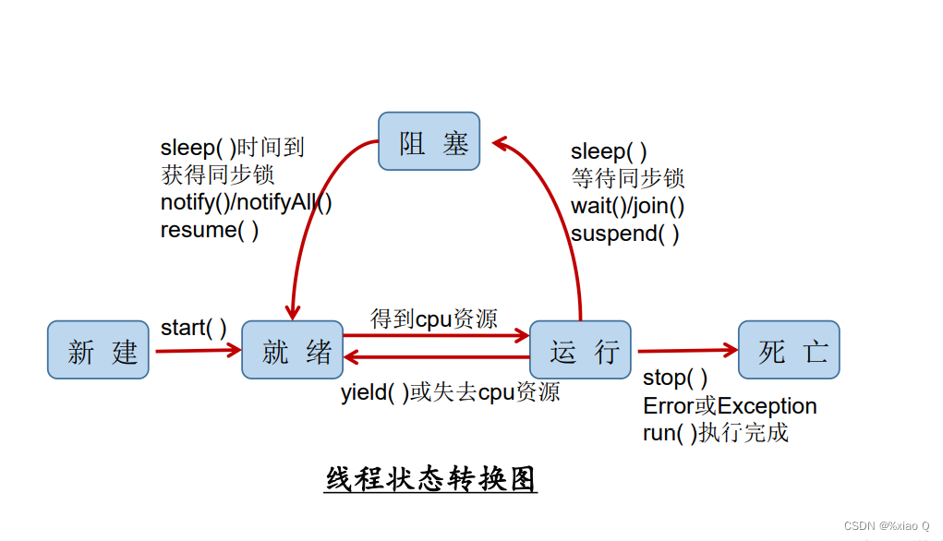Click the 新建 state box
[98, 350]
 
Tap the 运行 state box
[580, 350]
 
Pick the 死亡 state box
[789, 350]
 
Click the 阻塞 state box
[429, 141]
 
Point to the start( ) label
[194, 327]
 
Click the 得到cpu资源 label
[433, 319]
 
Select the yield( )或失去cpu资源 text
[450, 391]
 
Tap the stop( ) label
[675, 379]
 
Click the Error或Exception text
[730, 406]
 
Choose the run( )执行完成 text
[716, 433]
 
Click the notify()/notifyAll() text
[247, 202]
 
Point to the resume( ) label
[210, 230]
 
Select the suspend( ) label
[625, 234]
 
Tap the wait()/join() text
[627, 206]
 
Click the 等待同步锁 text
[627, 179]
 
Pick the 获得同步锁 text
[217, 174]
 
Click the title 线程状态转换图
[430, 479]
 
